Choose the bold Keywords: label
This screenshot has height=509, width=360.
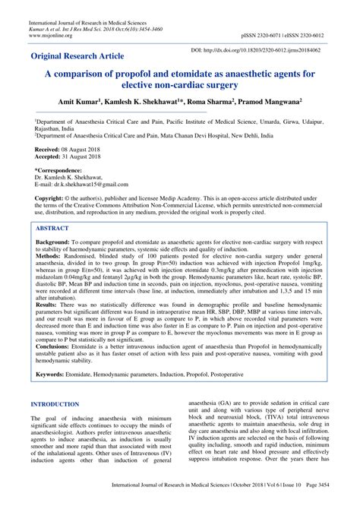pos(53,375)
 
